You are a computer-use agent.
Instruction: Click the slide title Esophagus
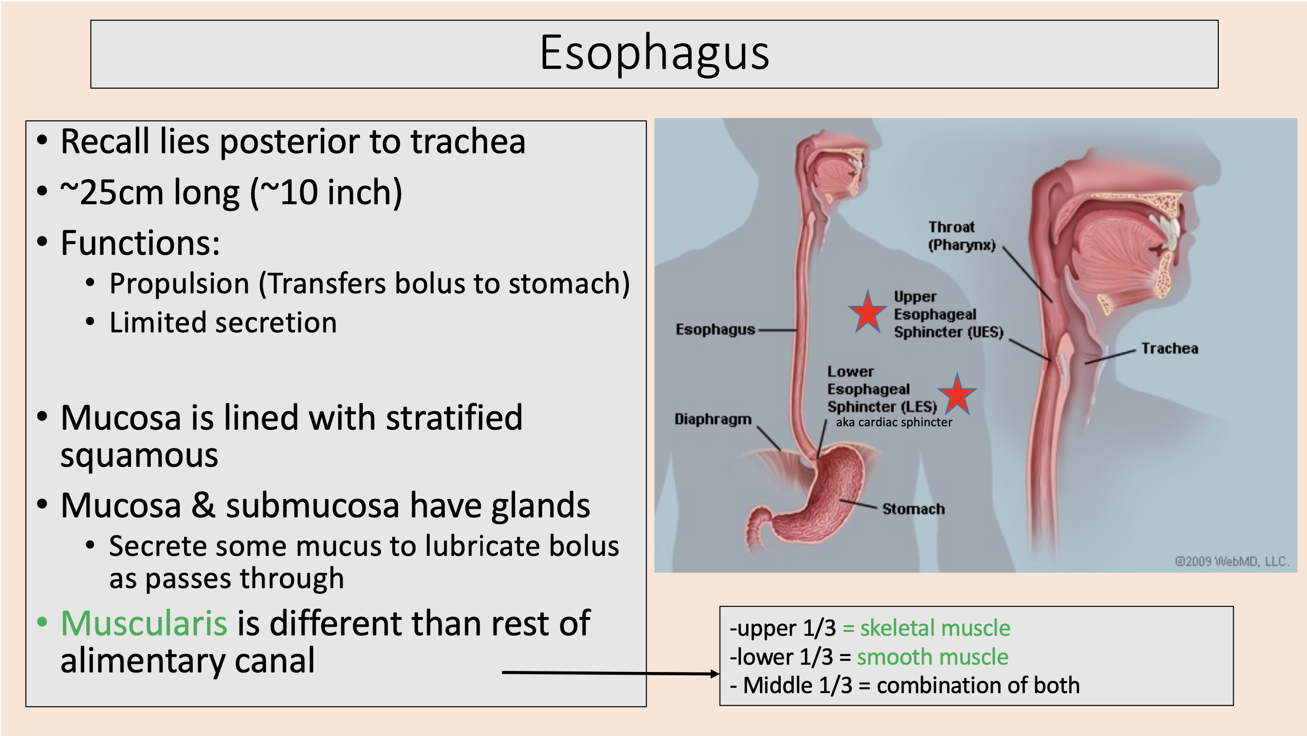(x=654, y=53)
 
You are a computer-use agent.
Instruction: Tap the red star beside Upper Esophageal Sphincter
(x=868, y=312)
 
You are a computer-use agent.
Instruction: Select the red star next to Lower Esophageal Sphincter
(x=957, y=394)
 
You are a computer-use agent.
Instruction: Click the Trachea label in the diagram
(x=1170, y=348)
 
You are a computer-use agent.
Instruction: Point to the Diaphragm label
(x=712, y=419)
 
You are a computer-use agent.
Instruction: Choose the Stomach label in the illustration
(x=913, y=509)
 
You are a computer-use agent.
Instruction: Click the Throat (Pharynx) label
(x=961, y=236)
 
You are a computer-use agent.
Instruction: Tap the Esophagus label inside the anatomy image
(x=715, y=329)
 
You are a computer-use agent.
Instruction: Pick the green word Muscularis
(x=144, y=623)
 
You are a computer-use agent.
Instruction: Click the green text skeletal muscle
(x=935, y=628)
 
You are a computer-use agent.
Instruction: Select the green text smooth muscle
(x=933, y=657)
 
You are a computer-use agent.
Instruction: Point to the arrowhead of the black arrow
(x=715, y=673)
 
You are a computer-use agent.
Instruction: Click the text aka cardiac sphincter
(x=894, y=422)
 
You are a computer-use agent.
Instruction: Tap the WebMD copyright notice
(x=1232, y=561)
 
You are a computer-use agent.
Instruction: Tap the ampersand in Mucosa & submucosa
(x=203, y=505)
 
